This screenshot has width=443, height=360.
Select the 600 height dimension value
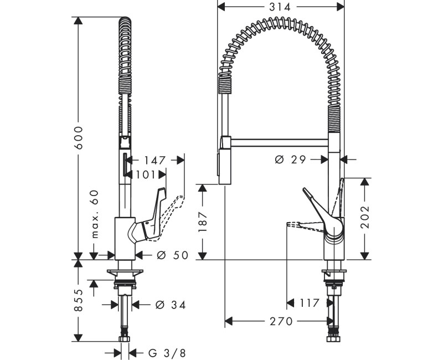coord(79,137)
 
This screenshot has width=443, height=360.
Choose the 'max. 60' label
coord(95,214)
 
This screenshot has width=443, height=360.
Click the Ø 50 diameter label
coord(172,255)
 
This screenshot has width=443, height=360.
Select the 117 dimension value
coord(308,303)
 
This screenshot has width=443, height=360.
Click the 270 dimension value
coord(281,321)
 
